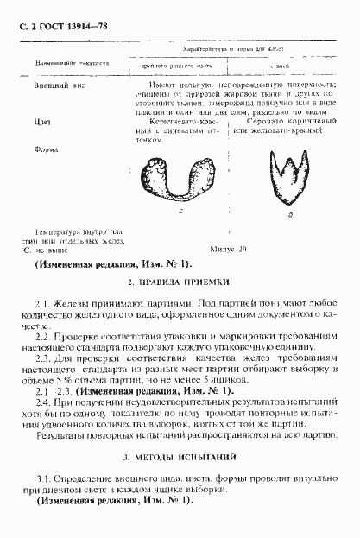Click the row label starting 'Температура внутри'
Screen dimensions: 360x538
69,231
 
